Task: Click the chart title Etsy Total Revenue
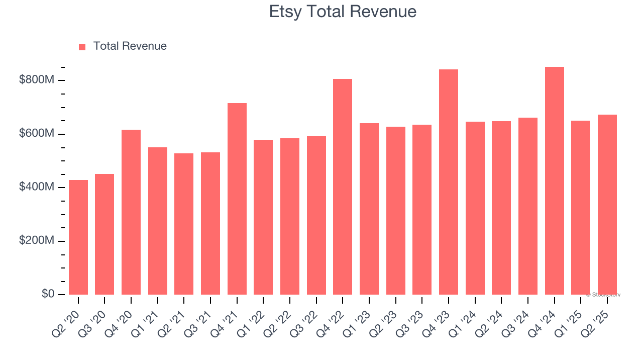coord(343,12)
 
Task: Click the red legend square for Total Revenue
coord(82,47)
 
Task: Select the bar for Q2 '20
coord(78,237)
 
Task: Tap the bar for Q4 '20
coord(131,212)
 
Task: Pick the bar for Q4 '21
coord(237,199)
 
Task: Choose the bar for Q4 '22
coord(343,187)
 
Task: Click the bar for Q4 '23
coord(449,182)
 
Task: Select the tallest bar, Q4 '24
coord(555,180)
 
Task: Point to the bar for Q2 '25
coord(607,205)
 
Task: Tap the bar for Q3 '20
coord(104,234)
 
